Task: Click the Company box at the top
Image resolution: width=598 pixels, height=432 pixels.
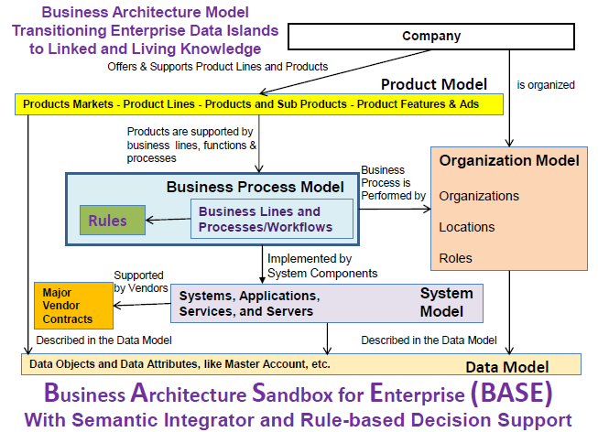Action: coord(431,37)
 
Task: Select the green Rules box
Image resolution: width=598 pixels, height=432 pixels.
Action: coord(113,220)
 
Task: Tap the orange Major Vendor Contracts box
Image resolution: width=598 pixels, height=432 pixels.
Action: coord(73,306)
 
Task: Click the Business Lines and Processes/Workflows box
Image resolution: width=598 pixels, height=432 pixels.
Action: coord(272,219)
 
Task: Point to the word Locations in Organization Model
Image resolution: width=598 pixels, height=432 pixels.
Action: coord(467,227)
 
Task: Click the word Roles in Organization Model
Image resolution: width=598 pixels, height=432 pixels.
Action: coord(455,258)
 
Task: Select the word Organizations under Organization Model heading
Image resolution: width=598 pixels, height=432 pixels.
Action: coord(479,196)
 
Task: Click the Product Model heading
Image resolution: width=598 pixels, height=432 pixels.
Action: coord(434,84)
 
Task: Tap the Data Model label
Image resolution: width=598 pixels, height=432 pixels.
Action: coord(507,367)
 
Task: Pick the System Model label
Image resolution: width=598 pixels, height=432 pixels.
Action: coord(446,302)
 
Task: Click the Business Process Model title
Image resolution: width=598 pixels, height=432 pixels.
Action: coord(256,187)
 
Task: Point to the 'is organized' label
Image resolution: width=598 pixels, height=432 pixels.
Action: coord(546,85)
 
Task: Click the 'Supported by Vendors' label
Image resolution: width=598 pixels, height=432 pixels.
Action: coord(141,281)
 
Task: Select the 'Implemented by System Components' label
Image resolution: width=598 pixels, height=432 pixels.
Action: coord(322,265)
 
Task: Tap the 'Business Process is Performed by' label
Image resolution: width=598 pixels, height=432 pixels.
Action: coord(393,183)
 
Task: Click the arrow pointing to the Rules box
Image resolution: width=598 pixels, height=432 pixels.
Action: coord(169,220)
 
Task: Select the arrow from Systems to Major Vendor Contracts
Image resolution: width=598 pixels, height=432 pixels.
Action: coord(142,304)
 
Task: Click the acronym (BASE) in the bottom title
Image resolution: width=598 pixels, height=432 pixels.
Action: coord(511,394)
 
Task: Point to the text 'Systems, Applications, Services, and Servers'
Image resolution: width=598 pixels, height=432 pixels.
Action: coord(250,304)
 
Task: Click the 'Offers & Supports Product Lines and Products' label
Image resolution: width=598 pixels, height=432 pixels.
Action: coord(217,67)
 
